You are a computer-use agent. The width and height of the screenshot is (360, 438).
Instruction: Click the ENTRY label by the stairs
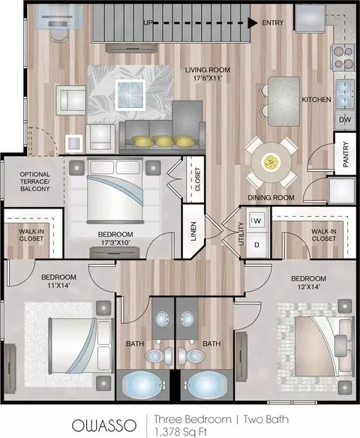point(272,22)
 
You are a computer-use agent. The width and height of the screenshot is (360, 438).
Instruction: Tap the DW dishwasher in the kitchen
point(345,119)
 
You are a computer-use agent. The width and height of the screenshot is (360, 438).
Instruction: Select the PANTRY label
point(346,154)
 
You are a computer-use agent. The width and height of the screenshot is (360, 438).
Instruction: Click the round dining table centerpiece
point(271,162)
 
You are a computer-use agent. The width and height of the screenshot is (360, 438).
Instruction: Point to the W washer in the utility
point(257,220)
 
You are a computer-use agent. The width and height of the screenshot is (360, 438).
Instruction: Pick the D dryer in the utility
point(256,245)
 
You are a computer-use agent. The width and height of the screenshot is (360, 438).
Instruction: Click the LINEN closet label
point(193,231)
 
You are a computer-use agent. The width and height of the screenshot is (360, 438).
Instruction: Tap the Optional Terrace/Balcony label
point(35,181)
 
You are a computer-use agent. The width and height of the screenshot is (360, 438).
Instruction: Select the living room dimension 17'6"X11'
point(208,78)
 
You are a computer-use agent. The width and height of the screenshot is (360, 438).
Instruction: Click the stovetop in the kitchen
point(343,58)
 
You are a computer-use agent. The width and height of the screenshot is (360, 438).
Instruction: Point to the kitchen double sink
point(345,94)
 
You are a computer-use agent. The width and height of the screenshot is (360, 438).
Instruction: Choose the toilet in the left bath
point(158,355)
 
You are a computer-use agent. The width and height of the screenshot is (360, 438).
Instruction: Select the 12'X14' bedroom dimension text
point(308,286)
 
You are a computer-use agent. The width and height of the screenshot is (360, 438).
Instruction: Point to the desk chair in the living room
point(59,35)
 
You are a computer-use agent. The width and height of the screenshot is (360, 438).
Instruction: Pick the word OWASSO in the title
point(104,426)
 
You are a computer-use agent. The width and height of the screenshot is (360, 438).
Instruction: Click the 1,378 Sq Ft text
point(181,432)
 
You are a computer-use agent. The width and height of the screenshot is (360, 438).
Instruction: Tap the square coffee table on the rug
point(130,94)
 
